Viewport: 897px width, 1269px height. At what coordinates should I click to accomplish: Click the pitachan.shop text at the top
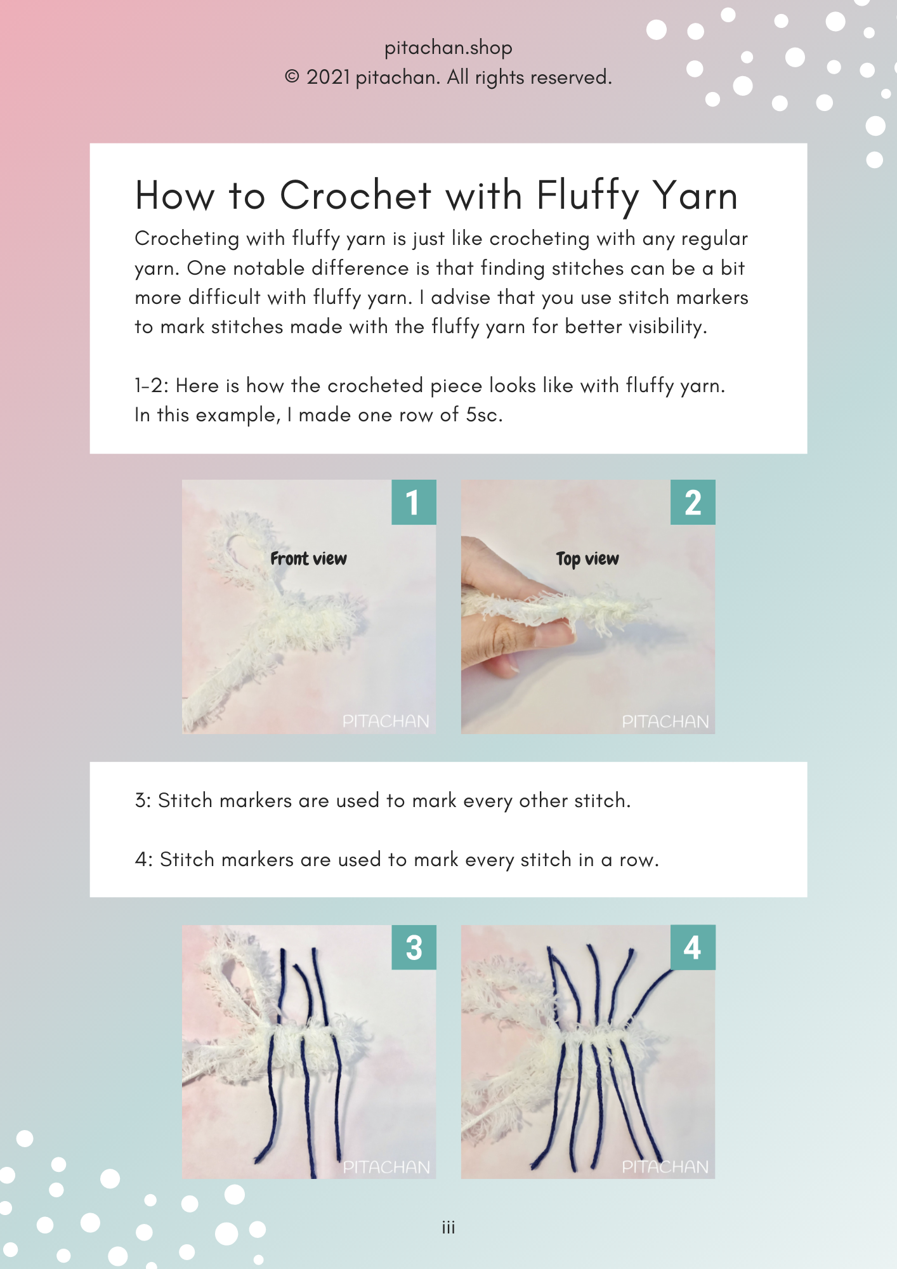click(448, 48)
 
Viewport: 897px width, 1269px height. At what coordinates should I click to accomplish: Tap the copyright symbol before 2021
click(292, 77)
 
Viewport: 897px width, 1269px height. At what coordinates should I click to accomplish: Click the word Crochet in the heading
click(356, 195)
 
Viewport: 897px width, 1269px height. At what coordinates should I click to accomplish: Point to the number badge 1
click(414, 502)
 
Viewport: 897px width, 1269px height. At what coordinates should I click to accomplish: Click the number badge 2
click(693, 502)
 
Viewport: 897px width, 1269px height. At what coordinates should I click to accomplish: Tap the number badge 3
click(414, 947)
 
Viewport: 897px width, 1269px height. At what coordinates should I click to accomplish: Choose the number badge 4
click(693, 947)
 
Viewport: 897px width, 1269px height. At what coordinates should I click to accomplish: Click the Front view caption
click(308, 558)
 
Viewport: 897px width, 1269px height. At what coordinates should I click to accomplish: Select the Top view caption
click(587, 559)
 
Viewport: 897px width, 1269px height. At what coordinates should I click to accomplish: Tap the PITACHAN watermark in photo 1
click(386, 721)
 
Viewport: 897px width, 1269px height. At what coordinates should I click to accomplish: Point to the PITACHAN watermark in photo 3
click(386, 1167)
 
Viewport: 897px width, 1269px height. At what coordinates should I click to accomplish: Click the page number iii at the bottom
click(448, 1228)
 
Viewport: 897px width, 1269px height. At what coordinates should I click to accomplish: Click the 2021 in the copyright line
click(329, 77)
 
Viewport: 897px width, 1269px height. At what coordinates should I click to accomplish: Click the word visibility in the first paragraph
click(666, 327)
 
